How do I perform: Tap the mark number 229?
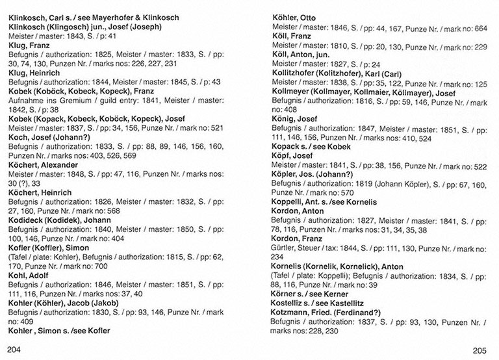(x=480, y=47)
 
